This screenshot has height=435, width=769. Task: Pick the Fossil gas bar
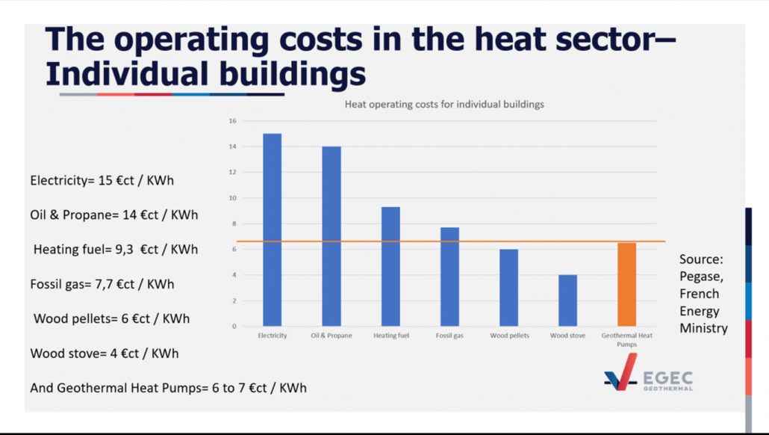(449, 277)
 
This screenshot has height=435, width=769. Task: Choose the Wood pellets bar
(508, 288)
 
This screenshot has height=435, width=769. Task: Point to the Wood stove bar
(567, 300)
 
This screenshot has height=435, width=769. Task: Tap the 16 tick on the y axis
(232, 121)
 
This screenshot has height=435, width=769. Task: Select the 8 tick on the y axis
(233, 223)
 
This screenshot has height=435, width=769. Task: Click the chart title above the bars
(444, 105)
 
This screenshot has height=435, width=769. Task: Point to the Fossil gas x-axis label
(449, 336)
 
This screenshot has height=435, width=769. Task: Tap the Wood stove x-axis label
(567, 336)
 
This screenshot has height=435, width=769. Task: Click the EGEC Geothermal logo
(647, 372)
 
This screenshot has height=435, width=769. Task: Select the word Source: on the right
(701, 260)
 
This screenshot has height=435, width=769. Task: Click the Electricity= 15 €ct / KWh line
(102, 181)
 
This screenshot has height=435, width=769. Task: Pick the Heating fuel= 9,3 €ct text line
(116, 250)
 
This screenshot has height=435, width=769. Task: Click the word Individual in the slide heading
(127, 74)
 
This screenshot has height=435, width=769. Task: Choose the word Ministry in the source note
(703, 328)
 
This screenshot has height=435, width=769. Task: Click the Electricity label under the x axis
(272, 336)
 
